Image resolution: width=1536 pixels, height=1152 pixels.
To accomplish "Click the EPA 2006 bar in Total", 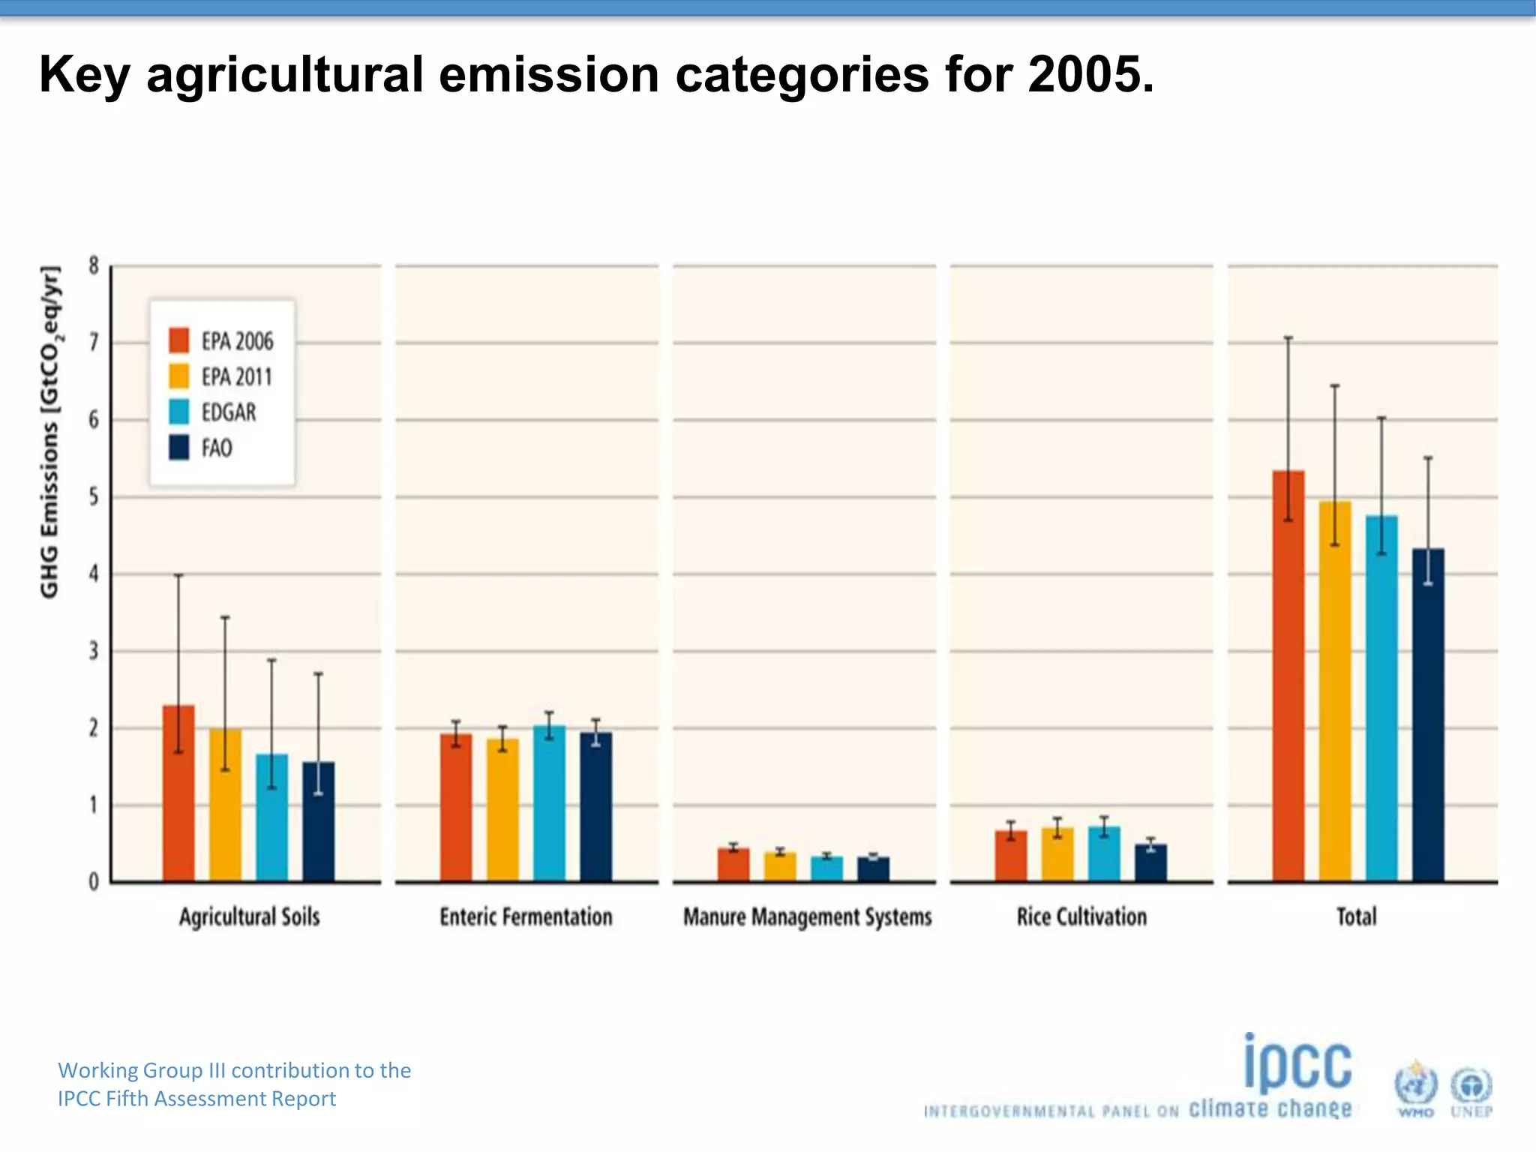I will point(1288,675).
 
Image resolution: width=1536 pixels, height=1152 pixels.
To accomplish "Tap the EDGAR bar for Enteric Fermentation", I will point(549,802).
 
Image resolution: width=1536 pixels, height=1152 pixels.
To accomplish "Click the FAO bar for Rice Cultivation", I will point(1150,862).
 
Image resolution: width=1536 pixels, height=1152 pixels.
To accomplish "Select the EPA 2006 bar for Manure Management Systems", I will point(733,864).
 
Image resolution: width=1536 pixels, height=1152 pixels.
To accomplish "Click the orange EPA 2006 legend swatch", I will point(179,340).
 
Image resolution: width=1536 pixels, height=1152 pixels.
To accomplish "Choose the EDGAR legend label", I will point(229,412).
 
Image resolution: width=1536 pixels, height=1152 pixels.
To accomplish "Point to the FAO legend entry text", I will point(217,448).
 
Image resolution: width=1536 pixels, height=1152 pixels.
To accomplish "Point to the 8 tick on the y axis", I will point(94,265).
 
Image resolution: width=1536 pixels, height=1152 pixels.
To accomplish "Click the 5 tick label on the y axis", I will point(94,496).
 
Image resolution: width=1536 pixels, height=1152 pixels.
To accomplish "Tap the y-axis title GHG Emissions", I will point(50,431).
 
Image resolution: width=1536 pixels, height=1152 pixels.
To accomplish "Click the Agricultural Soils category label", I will point(249,916).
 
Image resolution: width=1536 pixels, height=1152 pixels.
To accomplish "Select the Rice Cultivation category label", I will point(1081,916).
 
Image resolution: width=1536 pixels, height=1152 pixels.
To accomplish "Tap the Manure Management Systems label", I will point(807,916).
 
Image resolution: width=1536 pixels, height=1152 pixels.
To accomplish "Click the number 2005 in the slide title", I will point(1089,75).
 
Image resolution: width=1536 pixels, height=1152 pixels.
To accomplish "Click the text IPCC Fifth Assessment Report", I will point(196,1099).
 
